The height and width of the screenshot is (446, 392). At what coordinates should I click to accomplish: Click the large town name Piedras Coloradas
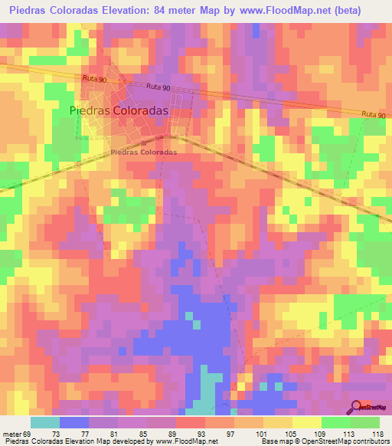point(119,110)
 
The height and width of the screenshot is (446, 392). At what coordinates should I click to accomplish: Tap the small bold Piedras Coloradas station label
point(144,152)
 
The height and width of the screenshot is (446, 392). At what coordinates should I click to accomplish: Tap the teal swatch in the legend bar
point(45,422)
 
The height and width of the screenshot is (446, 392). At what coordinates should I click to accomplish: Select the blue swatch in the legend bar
point(74,422)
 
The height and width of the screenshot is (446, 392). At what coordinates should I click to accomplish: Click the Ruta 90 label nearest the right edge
point(372,114)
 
